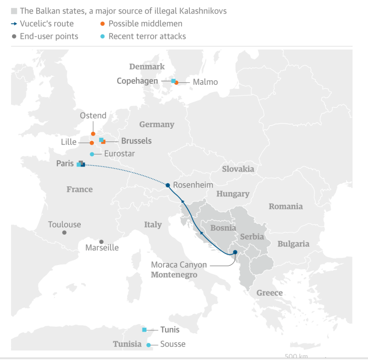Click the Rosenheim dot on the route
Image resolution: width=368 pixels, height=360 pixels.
(168, 185)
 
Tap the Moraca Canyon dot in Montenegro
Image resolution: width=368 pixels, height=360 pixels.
(235, 252)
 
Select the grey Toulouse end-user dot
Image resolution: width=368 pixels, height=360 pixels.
(64, 233)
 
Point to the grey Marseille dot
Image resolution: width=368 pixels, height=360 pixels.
(101, 242)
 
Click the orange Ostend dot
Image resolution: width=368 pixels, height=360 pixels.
(93, 134)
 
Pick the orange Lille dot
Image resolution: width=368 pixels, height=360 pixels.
(92, 143)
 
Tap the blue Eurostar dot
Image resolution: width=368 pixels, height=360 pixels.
(92, 154)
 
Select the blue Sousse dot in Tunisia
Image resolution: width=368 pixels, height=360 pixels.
(148, 345)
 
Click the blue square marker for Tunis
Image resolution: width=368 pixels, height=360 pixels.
(144, 330)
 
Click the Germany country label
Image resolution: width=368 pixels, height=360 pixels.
(156, 124)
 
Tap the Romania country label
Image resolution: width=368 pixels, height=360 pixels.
(285, 206)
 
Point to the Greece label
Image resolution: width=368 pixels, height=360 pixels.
(269, 293)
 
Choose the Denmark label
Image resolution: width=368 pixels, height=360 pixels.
(147, 67)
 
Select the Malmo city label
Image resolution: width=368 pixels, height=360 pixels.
(205, 82)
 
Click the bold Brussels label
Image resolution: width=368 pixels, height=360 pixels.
(136, 141)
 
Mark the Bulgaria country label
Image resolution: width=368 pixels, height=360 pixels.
(293, 244)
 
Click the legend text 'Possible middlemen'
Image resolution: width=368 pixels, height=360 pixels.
(145, 24)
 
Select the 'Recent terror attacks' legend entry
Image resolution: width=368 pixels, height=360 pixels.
(147, 36)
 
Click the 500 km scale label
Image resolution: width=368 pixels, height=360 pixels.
(296, 356)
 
